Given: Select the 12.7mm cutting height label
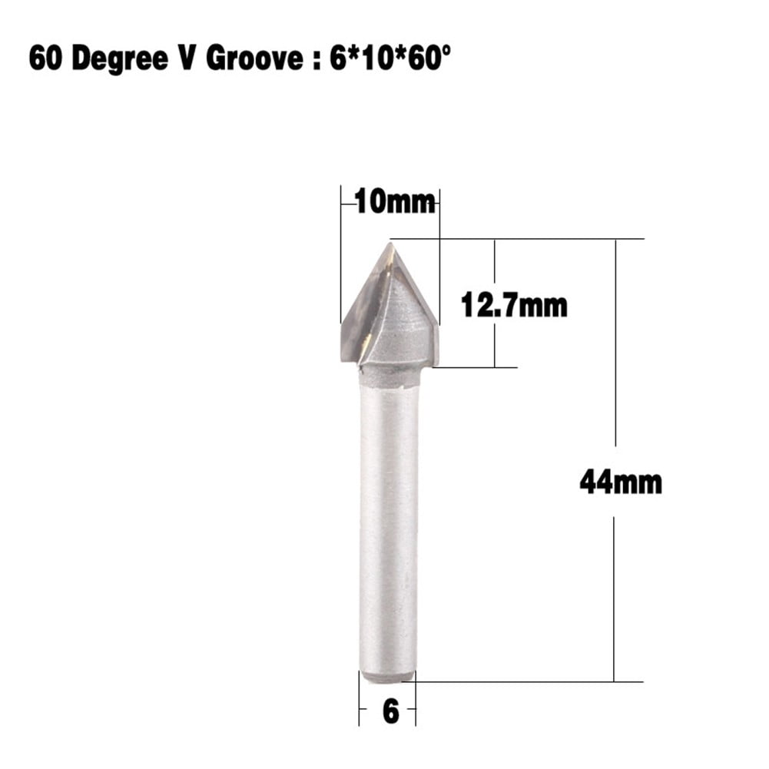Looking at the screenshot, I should tap(514, 305).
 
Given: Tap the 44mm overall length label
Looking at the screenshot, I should tap(620, 482).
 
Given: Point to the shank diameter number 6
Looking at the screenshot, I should tap(391, 711).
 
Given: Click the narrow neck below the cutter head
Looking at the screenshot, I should tap(389, 376).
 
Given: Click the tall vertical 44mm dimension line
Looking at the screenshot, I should tap(615, 346).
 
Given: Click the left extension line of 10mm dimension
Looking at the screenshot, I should tap(340, 254).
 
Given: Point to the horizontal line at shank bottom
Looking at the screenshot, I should tap(522, 681).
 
